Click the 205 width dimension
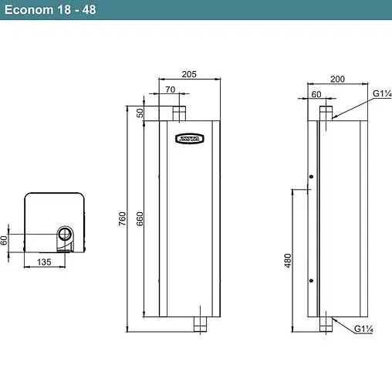point(189,74)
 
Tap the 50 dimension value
point(140,113)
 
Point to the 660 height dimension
point(140,219)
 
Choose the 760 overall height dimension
point(123,219)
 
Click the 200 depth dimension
point(338,79)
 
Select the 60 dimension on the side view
point(316,94)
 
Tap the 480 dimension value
point(288,262)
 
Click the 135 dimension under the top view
point(44,263)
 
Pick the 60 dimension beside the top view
point(5,240)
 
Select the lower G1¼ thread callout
point(364,329)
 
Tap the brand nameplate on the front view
point(189,140)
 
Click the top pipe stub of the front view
point(179,114)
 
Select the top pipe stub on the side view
point(327,113)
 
